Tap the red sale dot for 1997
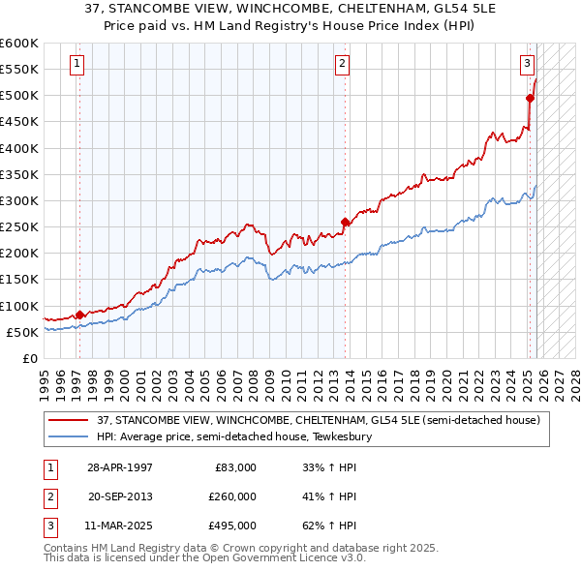[x=79, y=314]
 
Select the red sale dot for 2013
[x=345, y=221]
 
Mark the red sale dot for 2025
[x=530, y=98]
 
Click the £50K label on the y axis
[x=22, y=332]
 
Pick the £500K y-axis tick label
[x=19, y=95]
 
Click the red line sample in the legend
[x=68, y=419]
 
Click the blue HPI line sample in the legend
[x=68, y=436]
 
